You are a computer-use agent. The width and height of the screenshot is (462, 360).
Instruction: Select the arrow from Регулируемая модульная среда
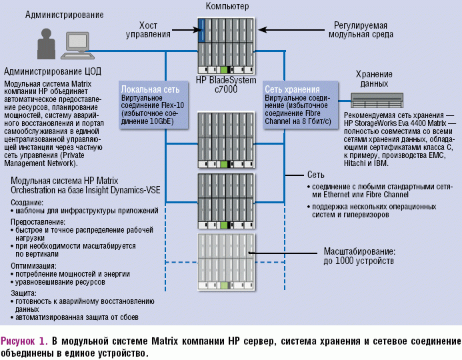click(x=273, y=29)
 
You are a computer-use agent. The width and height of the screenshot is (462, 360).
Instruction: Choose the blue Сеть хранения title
click(x=292, y=89)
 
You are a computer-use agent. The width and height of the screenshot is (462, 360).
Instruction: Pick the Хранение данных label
click(x=374, y=79)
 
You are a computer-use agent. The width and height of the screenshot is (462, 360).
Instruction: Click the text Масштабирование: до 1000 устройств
click(x=359, y=257)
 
